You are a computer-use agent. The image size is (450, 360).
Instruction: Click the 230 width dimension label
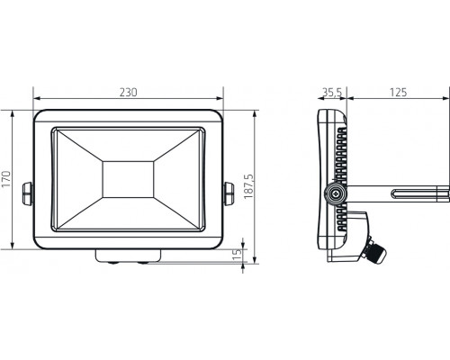click(129, 93)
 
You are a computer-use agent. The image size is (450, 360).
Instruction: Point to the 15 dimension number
click(238, 256)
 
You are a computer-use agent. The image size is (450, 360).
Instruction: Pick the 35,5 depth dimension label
click(332, 93)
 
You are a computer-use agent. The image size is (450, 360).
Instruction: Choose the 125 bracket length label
click(398, 93)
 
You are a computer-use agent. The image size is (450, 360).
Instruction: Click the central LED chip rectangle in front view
click(128, 179)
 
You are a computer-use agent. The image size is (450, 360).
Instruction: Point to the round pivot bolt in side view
click(336, 192)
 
